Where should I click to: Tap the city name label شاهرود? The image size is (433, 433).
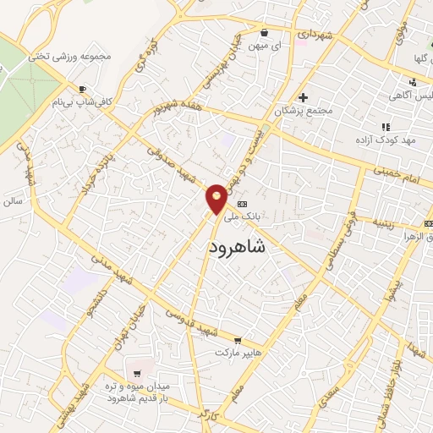(236, 246)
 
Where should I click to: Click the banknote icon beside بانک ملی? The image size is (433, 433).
(243, 204)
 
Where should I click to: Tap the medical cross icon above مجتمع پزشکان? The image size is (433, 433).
(304, 97)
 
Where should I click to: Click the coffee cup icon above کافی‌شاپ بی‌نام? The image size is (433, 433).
(82, 89)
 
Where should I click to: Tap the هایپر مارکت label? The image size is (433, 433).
(239, 351)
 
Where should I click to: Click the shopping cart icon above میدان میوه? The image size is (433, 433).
(136, 373)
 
